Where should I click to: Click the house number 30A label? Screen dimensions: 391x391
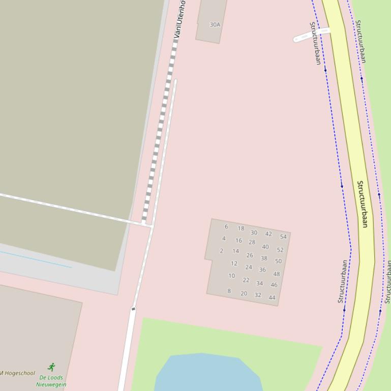[x=215, y=24]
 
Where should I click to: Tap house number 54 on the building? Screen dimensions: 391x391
[x=283, y=237]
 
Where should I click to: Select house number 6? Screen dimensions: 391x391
[x=226, y=226]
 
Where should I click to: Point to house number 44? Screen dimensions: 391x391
[x=272, y=298]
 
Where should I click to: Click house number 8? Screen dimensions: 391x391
[x=229, y=291]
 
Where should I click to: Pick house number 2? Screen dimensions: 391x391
[x=222, y=251]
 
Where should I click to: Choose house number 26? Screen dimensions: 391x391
[x=250, y=255]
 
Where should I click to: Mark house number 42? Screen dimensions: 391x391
[x=268, y=234]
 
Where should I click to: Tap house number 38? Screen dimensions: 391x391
[x=264, y=258]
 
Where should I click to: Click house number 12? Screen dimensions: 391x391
[x=234, y=264]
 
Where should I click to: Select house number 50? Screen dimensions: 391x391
[x=278, y=261]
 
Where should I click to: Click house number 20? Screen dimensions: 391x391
[x=244, y=294]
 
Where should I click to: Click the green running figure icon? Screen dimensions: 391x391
[x=51, y=367]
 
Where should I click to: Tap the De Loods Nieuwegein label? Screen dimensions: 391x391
[x=51, y=381]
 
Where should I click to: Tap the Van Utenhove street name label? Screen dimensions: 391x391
[x=179, y=13]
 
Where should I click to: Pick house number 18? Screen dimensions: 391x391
[x=241, y=229]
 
